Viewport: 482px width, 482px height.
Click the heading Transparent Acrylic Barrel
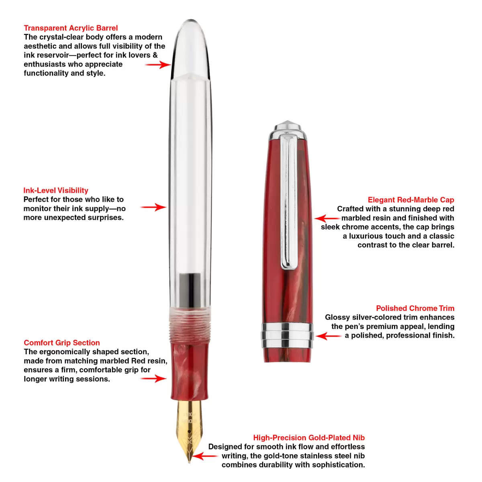[71, 28]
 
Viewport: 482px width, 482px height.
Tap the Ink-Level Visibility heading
[56, 190]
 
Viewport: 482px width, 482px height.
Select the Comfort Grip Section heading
[62, 343]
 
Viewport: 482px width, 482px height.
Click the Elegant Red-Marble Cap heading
[411, 200]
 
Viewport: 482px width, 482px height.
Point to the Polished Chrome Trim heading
[415, 308]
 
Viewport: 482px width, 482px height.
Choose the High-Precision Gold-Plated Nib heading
[309, 438]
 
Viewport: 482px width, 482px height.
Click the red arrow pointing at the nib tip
[205, 456]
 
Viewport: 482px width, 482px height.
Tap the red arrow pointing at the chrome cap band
[328, 336]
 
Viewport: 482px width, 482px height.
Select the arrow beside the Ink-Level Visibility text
[153, 207]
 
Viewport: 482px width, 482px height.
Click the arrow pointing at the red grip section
[153, 378]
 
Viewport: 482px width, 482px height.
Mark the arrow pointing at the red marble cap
[327, 219]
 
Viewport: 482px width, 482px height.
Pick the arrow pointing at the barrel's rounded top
[158, 65]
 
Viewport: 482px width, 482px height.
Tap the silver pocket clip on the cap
[289, 201]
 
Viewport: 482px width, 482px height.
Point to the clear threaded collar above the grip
[190, 326]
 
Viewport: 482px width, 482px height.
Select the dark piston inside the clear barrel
[190, 289]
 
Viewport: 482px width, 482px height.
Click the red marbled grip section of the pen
[189, 371]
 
